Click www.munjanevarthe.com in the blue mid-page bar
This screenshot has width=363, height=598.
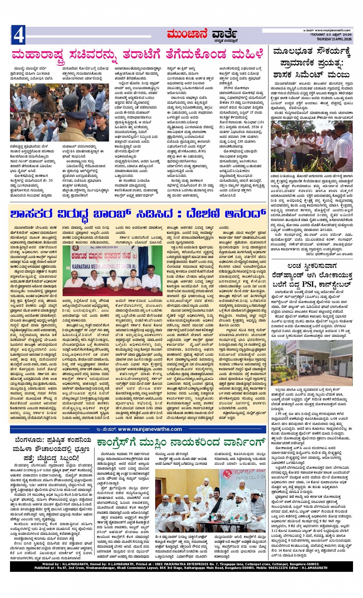(x=150, y=429)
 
